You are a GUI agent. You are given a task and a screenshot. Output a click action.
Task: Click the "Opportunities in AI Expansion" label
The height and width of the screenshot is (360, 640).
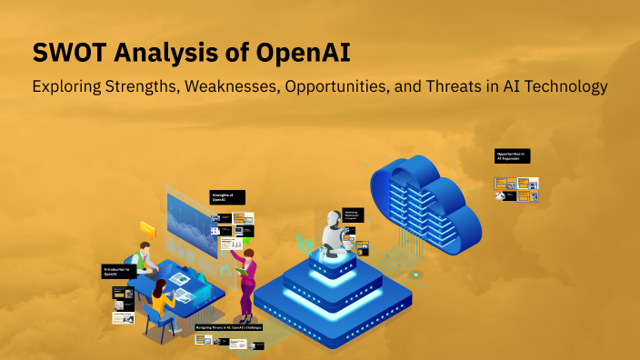[512, 155]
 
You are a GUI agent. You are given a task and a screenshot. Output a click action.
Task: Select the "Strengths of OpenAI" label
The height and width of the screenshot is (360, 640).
[227, 197]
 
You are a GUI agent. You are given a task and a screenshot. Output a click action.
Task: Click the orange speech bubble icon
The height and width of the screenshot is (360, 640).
[147, 230]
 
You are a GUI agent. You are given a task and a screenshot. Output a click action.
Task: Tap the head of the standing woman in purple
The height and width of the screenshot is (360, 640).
[248, 257]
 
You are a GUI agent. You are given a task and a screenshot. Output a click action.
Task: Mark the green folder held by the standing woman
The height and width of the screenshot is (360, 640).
[238, 270]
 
